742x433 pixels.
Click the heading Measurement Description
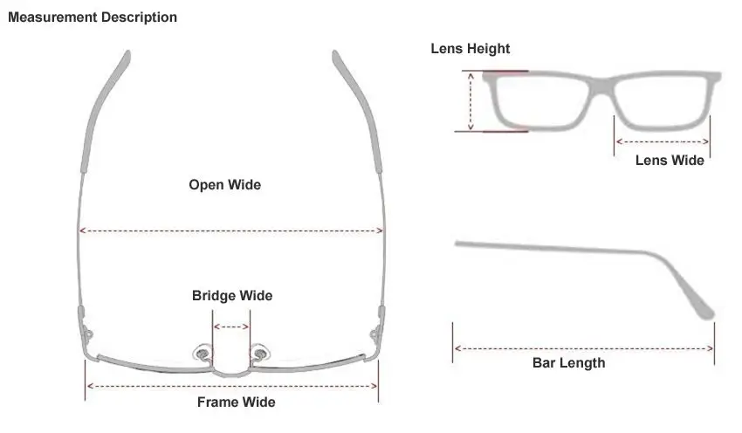coord(92,17)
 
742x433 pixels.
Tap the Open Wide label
coord(224,185)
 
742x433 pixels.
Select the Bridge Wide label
coord(231,296)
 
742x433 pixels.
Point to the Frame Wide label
coord(236,402)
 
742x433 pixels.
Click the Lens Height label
coord(470,49)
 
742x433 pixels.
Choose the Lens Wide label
coord(669,160)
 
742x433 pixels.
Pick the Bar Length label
coord(568,363)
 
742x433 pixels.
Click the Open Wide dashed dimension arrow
coord(231,230)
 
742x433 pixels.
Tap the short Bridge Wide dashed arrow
coord(231,327)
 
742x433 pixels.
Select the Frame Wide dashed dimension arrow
coord(231,385)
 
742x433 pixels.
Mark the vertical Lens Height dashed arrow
coord(471,101)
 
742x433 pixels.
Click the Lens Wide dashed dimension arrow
coord(662,141)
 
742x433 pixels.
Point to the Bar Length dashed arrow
coord(583,348)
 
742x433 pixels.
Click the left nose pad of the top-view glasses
coord(203,354)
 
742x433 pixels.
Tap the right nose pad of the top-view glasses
coord(259,354)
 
